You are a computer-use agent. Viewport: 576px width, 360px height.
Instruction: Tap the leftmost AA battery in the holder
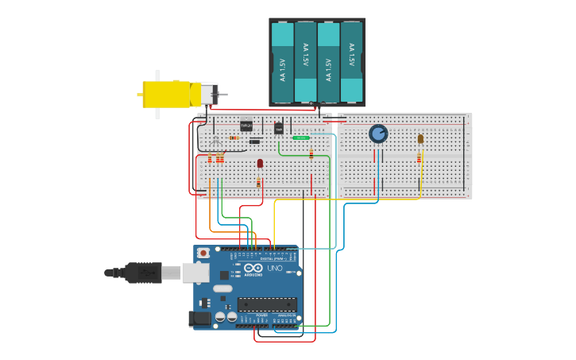click(x=283, y=62)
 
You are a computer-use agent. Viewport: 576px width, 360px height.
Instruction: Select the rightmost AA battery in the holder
click(x=352, y=62)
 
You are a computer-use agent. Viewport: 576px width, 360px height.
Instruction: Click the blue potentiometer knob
click(x=378, y=134)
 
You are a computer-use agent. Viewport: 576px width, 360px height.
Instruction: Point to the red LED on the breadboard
click(x=260, y=164)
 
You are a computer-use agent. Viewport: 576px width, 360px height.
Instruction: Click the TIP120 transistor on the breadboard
click(x=246, y=126)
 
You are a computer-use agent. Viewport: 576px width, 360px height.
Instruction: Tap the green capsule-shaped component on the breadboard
click(x=301, y=137)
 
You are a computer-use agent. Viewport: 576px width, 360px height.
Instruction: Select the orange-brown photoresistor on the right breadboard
click(x=420, y=139)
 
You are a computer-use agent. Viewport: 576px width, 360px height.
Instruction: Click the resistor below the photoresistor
click(x=419, y=157)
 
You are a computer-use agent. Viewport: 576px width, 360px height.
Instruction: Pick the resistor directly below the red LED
click(x=258, y=183)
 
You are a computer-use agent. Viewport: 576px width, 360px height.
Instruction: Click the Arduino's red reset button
click(x=203, y=254)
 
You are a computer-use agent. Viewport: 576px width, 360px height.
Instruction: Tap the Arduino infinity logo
click(x=253, y=269)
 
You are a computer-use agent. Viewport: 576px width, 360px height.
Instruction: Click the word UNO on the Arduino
click(x=273, y=269)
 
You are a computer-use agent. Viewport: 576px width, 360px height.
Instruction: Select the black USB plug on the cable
click(x=143, y=273)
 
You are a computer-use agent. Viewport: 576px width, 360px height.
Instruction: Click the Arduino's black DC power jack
click(x=200, y=319)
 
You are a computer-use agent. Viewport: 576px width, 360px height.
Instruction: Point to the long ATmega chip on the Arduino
click(x=267, y=304)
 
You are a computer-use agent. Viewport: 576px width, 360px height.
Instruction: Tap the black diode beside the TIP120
click(x=254, y=141)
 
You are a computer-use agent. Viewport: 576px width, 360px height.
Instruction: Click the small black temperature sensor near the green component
click(x=279, y=127)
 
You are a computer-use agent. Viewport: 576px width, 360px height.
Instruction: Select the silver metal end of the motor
click(x=208, y=95)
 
